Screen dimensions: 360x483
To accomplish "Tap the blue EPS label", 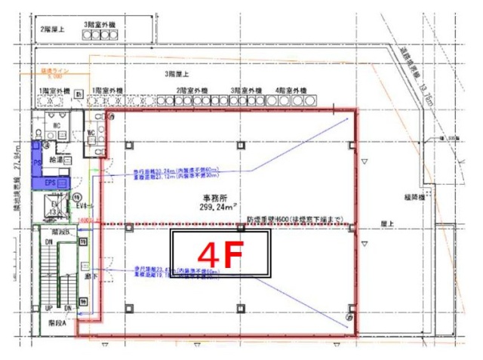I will point(51,182).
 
